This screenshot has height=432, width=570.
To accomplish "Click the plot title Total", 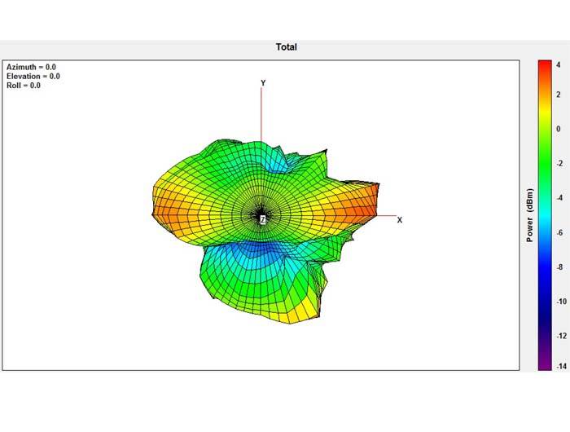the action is click(287, 47).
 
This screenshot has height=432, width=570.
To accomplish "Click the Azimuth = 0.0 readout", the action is click(31, 67).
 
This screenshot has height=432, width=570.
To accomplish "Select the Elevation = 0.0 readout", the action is click(33, 76).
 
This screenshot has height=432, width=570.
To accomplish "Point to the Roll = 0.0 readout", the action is click(24, 85).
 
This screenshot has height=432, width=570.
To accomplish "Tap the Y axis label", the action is click(263, 83).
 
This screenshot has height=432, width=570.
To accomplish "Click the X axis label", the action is click(400, 220).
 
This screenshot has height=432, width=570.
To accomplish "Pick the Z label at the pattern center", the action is click(262, 219).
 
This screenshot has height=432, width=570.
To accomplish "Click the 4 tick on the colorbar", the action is click(559, 64).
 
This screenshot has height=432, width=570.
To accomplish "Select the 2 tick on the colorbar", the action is click(559, 95).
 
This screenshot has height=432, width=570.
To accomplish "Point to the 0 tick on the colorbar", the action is click(559, 129).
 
